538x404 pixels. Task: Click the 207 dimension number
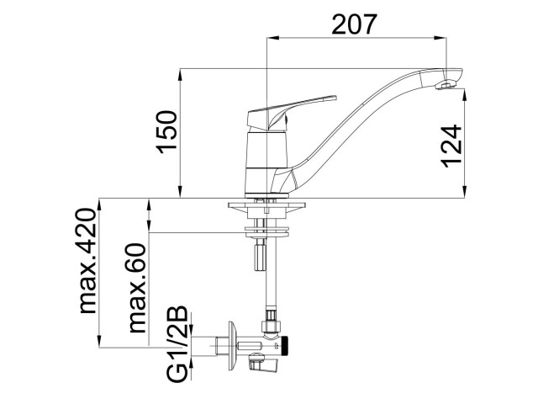point(355,24)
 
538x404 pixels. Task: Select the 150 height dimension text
point(167,131)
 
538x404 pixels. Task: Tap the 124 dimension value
point(451,146)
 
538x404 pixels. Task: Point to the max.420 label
point(87,261)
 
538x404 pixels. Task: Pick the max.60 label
point(137,288)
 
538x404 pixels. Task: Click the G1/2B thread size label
point(177,344)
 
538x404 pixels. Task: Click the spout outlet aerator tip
point(446,86)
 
